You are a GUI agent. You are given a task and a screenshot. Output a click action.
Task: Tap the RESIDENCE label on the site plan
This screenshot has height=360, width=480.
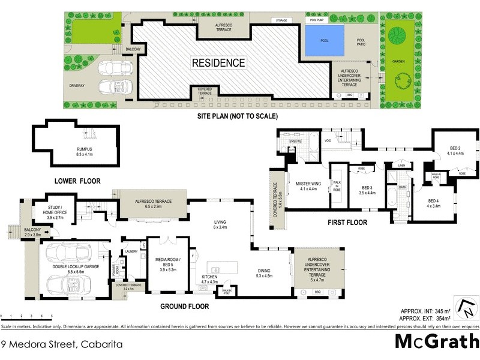[x=218, y=62]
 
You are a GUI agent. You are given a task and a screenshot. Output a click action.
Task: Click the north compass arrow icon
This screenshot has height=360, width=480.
[x=467, y=309]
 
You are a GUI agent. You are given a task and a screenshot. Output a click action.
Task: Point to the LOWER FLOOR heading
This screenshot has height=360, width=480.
[x=77, y=181]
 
